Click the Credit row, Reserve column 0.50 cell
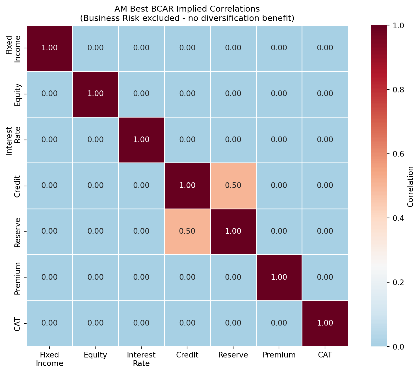(x=233, y=186)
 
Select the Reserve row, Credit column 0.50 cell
(x=187, y=231)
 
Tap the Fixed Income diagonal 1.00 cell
(x=49, y=48)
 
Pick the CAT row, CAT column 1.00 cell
(x=325, y=323)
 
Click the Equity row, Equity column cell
(x=95, y=94)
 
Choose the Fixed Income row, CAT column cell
(x=325, y=48)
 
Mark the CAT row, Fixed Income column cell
(x=49, y=323)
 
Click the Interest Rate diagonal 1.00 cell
(x=141, y=140)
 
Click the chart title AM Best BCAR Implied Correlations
(x=187, y=9)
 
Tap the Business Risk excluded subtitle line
(x=187, y=18)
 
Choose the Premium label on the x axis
(x=279, y=355)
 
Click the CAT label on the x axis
(x=325, y=355)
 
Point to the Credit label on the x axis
(x=187, y=355)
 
